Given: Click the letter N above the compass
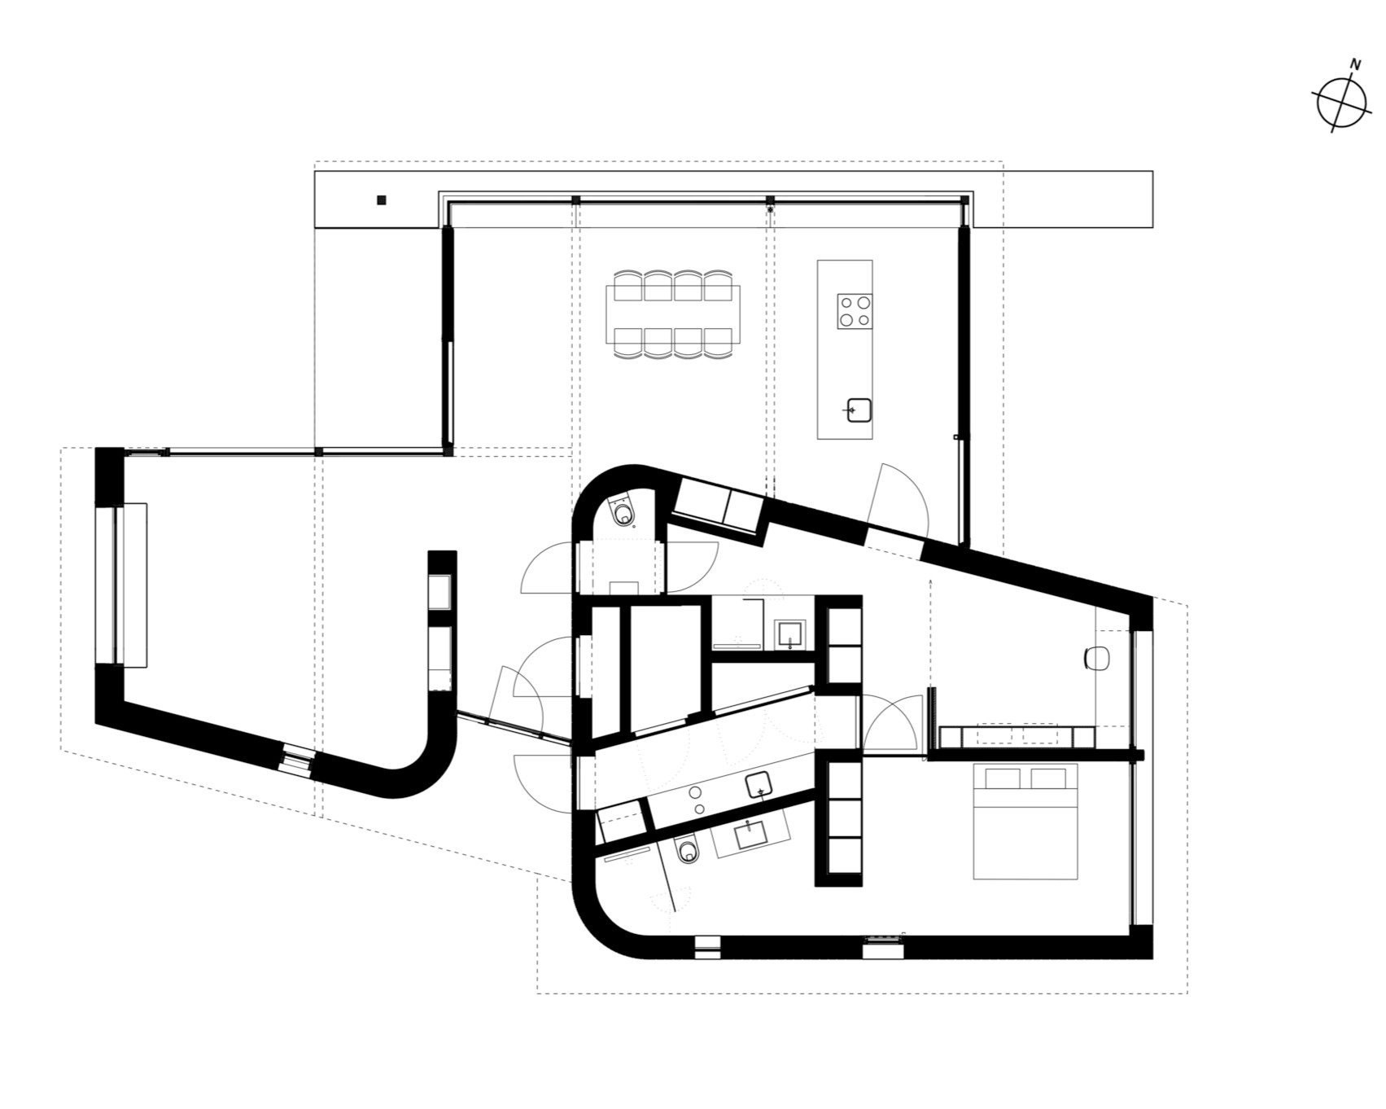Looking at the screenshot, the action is tap(1355, 64).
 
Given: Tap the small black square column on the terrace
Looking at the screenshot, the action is tap(381, 199).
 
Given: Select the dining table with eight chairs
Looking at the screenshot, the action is tap(673, 313).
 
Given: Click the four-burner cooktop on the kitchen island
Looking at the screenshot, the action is tap(855, 311).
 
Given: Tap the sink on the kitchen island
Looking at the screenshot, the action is tap(859, 410).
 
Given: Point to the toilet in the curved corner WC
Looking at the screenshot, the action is tap(624, 513).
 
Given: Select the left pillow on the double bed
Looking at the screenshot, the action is tap(1003, 778).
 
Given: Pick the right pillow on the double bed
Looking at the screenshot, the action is tap(1048, 778).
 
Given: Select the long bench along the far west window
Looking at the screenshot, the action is tap(132, 585).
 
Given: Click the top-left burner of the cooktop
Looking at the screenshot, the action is tap(846, 303).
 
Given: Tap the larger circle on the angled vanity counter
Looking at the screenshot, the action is tap(697, 791).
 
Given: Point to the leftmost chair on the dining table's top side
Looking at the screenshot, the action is tap(628, 285).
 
